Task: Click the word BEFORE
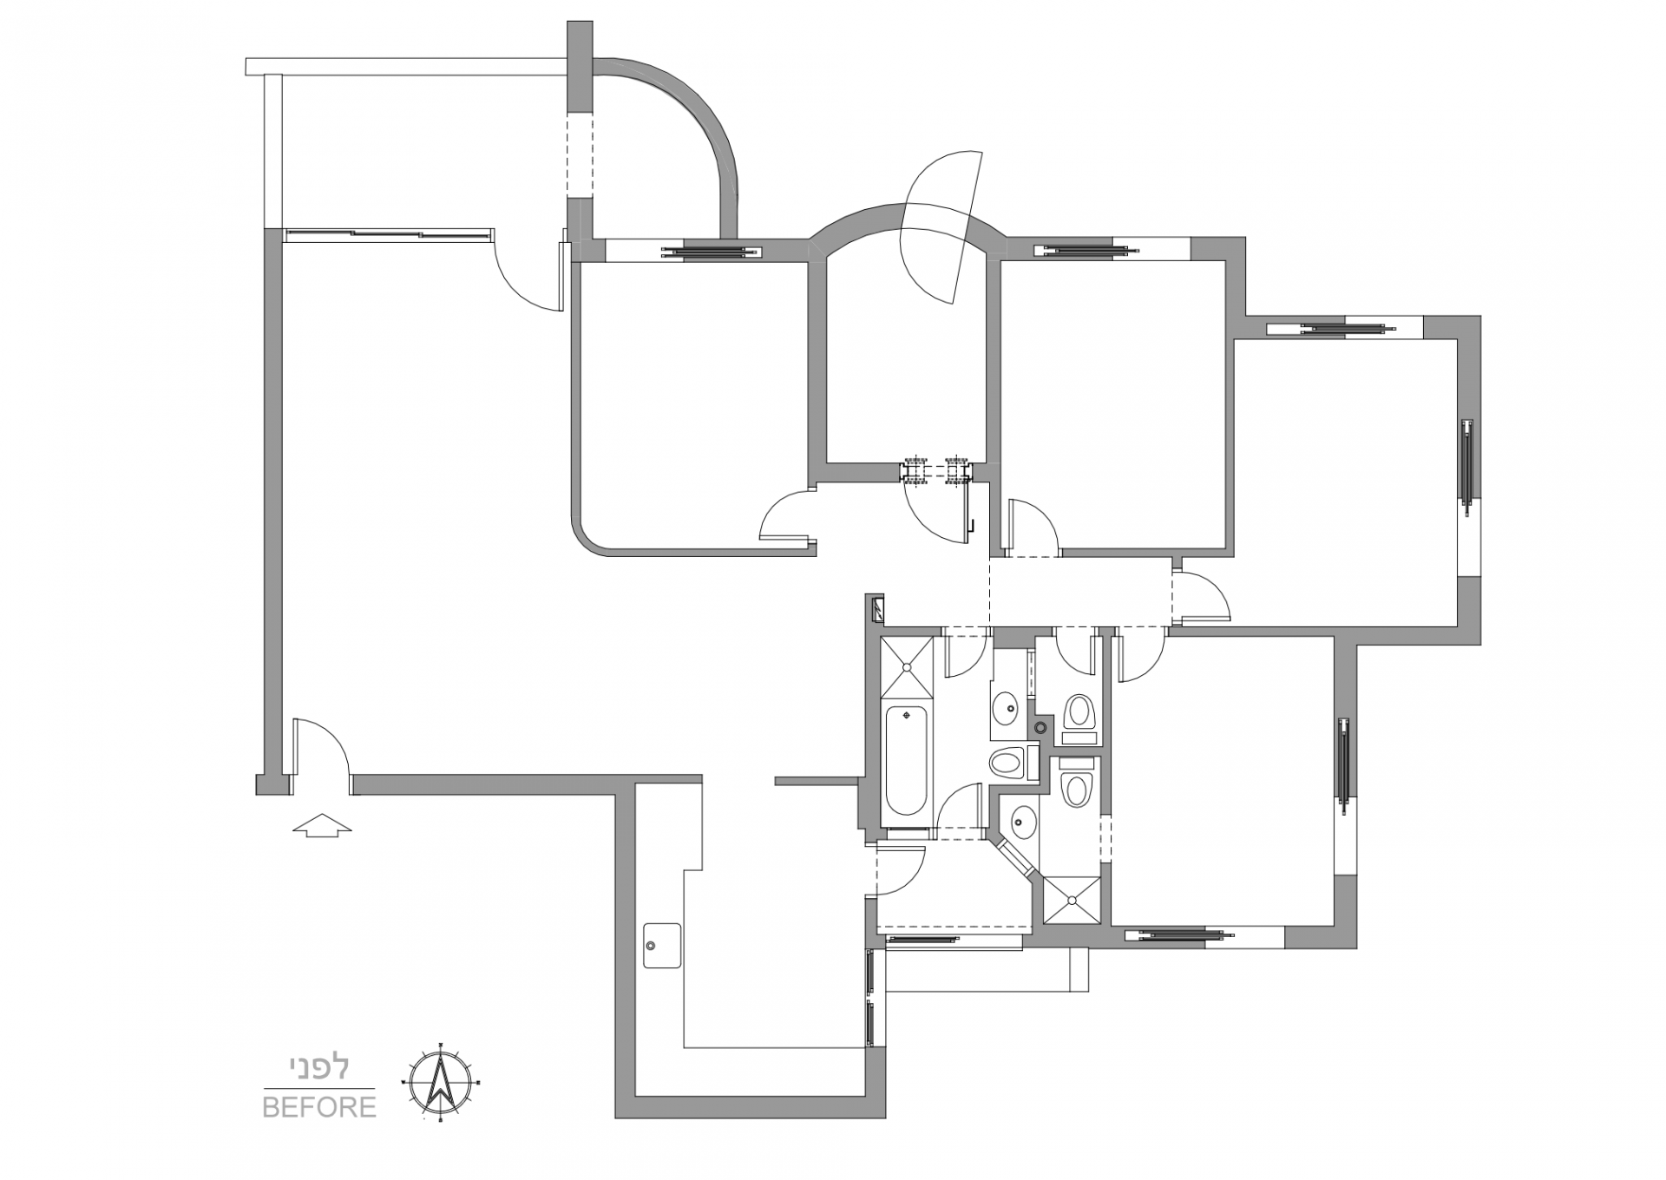(x=319, y=1108)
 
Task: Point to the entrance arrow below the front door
(x=322, y=826)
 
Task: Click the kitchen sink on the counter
(x=662, y=946)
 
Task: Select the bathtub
(x=906, y=762)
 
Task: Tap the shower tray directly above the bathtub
(x=907, y=667)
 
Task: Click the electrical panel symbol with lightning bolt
(x=877, y=609)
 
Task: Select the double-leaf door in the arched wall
(x=941, y=225)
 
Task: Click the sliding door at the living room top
(x=388, y=233)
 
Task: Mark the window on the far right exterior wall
(x=1467, y=465)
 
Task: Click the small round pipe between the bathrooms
(x=1042, y=726)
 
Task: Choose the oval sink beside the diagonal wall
(x=1022, y=821)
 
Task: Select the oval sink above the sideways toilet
(x=1007, y=707)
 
